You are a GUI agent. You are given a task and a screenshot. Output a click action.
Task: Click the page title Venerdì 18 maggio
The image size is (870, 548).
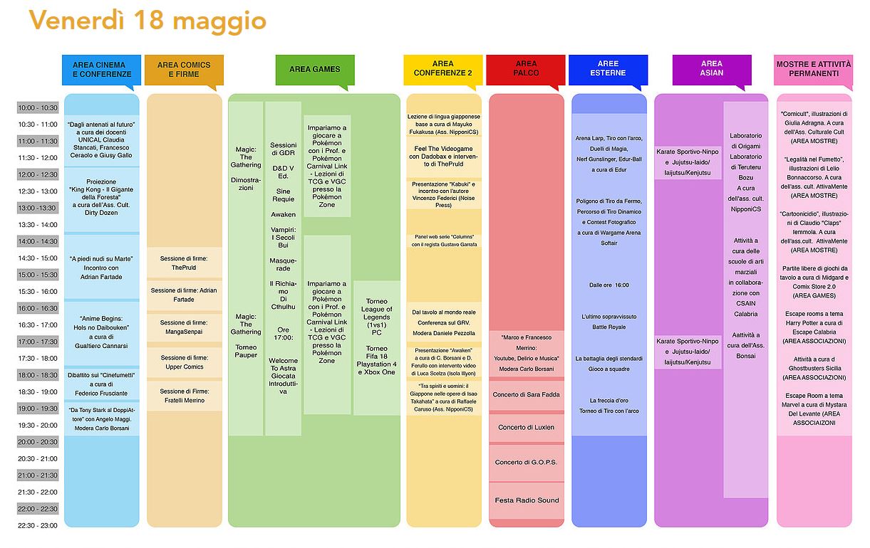coord(147,21)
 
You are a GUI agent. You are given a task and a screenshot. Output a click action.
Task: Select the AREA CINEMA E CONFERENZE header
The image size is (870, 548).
coord(102,70)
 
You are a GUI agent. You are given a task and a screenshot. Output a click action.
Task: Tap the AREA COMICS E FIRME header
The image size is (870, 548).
coord(183,70)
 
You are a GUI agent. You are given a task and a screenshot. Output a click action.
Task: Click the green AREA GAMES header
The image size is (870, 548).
coord(314,70)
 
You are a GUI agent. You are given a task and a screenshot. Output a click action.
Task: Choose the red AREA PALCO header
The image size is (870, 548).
coord(526,69)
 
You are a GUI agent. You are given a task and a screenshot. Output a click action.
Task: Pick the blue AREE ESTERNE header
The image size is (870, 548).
coord(608,69)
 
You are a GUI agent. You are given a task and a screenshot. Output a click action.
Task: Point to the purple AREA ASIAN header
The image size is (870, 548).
coord(711,68)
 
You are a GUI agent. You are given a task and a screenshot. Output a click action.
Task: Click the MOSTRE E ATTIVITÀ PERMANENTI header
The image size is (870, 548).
coord(812,69)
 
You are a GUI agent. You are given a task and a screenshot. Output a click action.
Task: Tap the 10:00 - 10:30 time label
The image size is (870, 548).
coord(38,107)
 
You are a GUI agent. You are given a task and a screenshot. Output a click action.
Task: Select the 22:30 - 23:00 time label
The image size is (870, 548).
coord(38,525)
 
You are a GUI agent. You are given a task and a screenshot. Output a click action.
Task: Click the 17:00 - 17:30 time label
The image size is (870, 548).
coord(38,342)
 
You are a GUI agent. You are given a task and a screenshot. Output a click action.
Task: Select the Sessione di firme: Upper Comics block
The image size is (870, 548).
coord(184,362)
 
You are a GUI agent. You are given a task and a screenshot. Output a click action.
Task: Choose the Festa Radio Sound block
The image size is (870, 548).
coord(527,500)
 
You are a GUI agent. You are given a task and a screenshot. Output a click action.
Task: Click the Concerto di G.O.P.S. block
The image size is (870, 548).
coord(527,463)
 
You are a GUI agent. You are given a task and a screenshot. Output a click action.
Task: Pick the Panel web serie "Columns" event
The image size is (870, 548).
coord(444,241)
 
